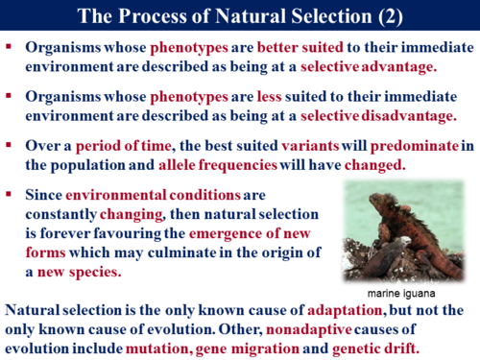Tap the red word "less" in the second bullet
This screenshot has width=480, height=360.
tap(217, 96)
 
